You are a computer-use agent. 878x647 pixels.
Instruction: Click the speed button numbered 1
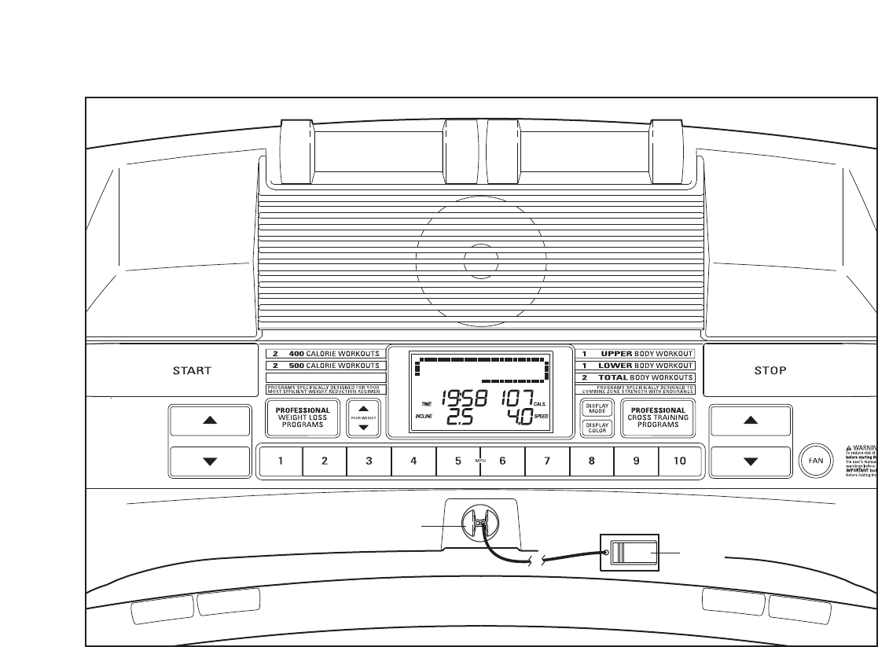pos(281,461)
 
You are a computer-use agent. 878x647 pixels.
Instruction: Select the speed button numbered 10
pos(681,461)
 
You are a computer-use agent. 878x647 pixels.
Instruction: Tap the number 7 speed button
pos(547,461)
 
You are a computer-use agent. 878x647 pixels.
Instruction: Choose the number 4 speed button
pos(413,461)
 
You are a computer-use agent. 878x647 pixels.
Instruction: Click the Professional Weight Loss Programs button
pos(303,417)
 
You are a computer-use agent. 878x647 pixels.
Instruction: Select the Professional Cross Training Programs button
pos(659,417)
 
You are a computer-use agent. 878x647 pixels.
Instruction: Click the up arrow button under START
pos(209,420)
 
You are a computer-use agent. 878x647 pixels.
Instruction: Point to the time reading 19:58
pos(463,399)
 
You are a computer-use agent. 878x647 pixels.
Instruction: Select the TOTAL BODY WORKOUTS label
pos(636,377)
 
